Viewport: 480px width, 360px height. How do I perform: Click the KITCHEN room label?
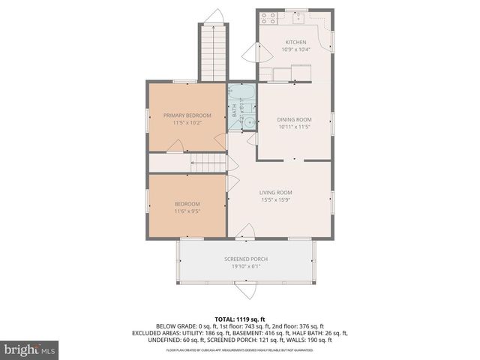295,42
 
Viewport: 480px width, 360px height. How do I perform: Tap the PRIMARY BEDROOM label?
187,115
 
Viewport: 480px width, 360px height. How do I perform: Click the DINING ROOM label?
294,119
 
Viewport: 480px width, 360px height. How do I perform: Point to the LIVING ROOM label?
276,192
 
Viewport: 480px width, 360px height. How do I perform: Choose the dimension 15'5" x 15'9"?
276,199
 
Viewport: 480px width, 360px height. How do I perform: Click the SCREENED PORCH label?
245,259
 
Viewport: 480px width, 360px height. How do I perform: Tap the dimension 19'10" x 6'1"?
245,266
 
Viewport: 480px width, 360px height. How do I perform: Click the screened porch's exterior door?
245,290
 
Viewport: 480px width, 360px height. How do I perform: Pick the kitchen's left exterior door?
253,52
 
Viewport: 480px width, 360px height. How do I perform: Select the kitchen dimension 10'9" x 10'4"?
295,49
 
